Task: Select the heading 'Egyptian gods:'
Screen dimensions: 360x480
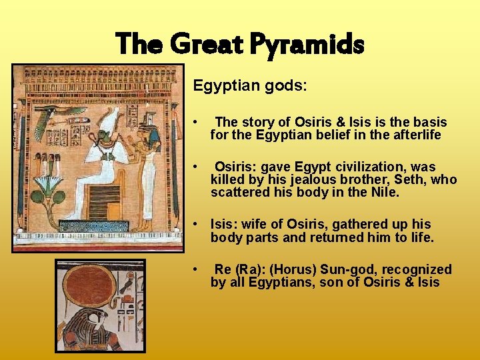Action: (250, 86)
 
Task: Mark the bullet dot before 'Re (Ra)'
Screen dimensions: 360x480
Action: (195, 269)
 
